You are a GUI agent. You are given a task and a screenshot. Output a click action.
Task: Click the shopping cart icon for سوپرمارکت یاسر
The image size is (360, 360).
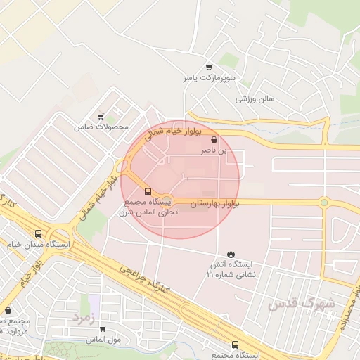coord(208,67)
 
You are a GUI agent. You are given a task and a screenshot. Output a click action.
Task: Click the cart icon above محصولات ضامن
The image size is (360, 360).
coord(101,117)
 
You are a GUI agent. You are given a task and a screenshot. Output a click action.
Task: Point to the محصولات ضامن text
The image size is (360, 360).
coord(101,127)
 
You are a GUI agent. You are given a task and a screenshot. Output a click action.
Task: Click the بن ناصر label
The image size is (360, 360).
coord(214,150)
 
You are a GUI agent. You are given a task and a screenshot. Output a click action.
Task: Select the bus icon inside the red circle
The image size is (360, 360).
coord(148,191)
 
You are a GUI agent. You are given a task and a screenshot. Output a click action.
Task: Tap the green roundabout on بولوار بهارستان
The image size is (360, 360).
coord(323,203)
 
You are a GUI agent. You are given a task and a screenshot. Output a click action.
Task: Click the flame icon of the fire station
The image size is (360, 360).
coord(231,253)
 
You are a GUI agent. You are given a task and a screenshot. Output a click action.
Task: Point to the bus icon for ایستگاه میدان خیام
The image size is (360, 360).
coord(38,234)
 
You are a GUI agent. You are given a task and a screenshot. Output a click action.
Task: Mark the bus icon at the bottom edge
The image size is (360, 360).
coord(235,345)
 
